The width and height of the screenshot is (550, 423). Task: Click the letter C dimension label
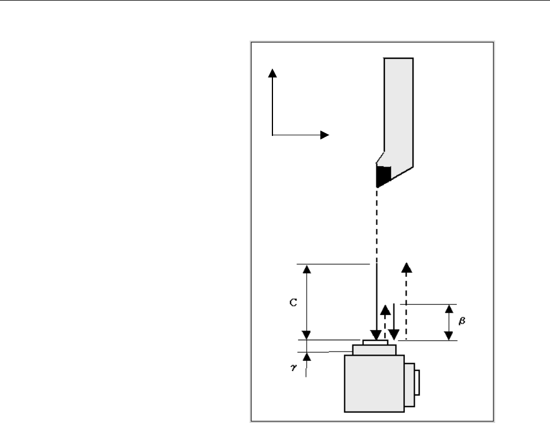pos(294,303)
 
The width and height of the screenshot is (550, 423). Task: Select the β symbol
pos(462,320)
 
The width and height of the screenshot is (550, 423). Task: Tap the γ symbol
pos(294,367)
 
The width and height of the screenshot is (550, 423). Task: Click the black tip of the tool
pos(382,176)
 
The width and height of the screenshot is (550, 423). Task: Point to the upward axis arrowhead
pos(272,73)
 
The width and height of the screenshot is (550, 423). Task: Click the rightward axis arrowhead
pos(324,135)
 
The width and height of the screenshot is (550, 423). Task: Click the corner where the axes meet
pos(272,135)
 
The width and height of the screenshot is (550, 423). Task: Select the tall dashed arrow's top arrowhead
pos(407,267)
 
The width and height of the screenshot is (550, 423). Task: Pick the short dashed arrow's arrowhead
pos(386,310)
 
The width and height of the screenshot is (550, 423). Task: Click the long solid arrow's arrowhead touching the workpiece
pos(376,335)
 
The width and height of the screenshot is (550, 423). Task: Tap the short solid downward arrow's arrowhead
pos(394,335)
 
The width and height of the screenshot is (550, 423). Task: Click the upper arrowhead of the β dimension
pos(449,309)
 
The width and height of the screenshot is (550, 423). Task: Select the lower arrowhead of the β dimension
pos(449,336)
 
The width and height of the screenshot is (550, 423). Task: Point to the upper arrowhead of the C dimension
pos(307,269)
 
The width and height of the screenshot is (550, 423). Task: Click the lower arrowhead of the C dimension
pos(307,335)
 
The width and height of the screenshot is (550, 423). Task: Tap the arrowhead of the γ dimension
pos(307,357)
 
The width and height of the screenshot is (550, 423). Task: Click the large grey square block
pos(374,384)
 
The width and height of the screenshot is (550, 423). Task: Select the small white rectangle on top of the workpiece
pos(375,343)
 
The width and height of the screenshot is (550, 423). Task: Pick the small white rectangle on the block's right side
pos(417,382)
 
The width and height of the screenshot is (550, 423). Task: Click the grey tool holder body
pos(399,112)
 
